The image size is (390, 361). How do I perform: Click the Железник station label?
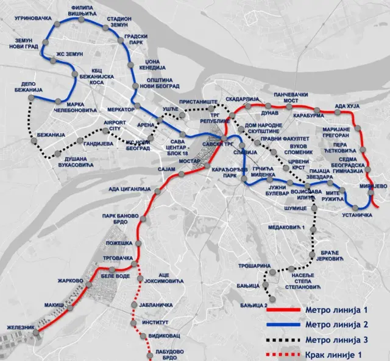click(19, 327)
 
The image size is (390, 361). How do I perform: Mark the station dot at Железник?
click(37, 332)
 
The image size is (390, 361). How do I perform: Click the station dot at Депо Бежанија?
click(34, 97)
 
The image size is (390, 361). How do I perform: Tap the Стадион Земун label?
click(119, 23)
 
